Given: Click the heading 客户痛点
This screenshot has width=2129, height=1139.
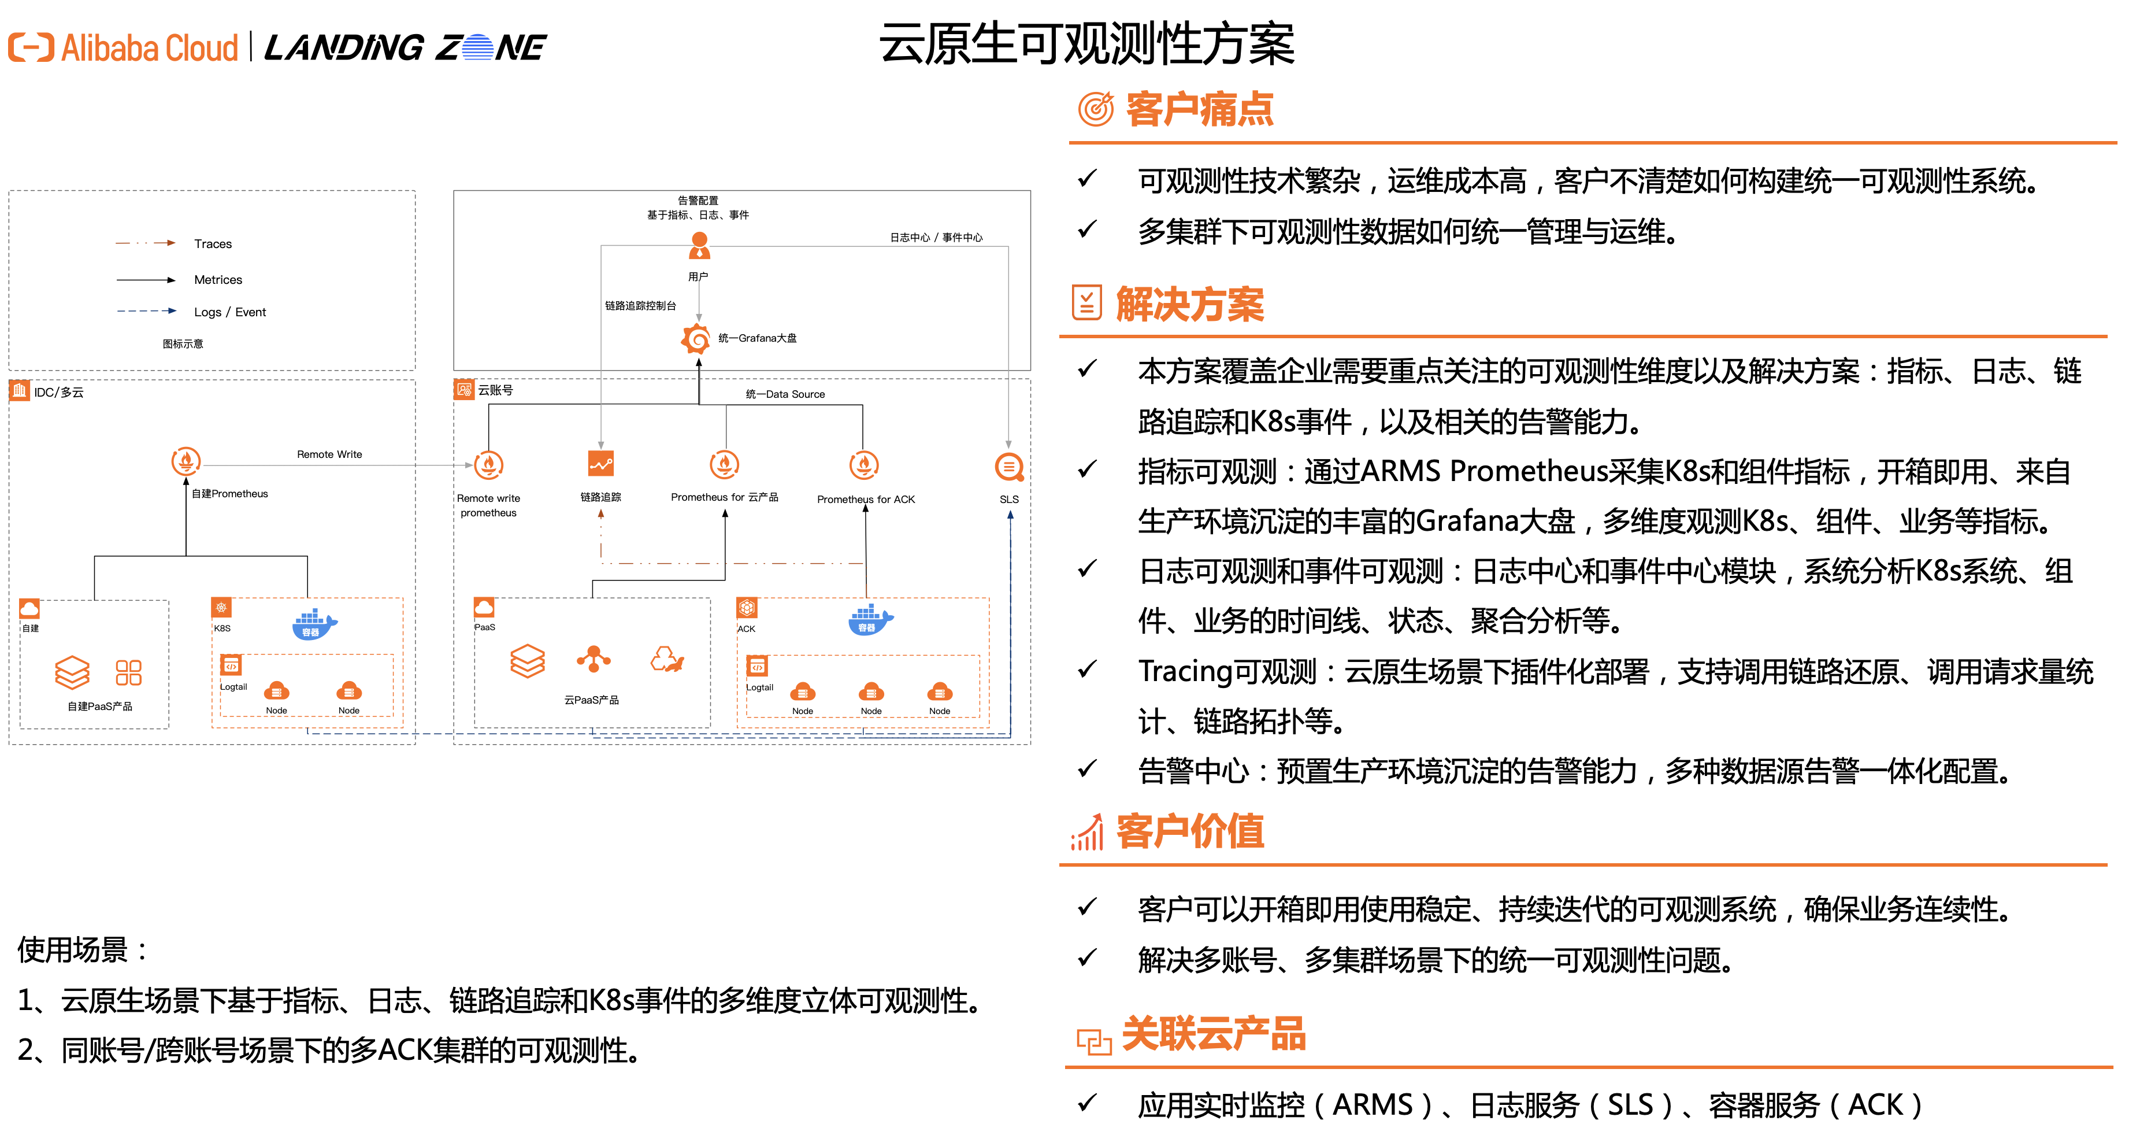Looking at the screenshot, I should (1199, 109).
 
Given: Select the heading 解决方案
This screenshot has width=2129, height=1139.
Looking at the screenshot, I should (1189, 304).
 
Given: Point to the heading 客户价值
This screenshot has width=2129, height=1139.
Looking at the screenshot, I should (1189, 831).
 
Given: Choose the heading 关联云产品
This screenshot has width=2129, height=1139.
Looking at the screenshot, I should (1213, 1034).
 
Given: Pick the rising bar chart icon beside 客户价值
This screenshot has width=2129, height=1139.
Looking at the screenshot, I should (1087, 831).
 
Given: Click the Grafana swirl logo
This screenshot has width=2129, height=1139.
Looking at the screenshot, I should (696, 339).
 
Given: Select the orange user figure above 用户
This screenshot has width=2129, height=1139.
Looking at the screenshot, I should (699, 245).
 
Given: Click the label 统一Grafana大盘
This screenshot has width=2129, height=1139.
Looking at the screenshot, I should (757, 338).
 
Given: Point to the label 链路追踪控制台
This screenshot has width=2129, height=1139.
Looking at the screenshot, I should (640, 306).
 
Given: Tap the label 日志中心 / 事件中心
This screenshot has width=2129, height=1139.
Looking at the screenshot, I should (936, 237).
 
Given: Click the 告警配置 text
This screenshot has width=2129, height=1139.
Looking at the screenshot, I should (698, 200).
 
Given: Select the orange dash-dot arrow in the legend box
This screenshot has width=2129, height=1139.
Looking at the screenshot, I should (146, 243).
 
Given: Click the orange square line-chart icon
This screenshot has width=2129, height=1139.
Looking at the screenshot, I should (601, 464).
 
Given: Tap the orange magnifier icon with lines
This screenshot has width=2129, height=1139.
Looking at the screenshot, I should (1009, 467).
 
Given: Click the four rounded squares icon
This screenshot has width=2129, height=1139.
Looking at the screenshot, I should (128, 673).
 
